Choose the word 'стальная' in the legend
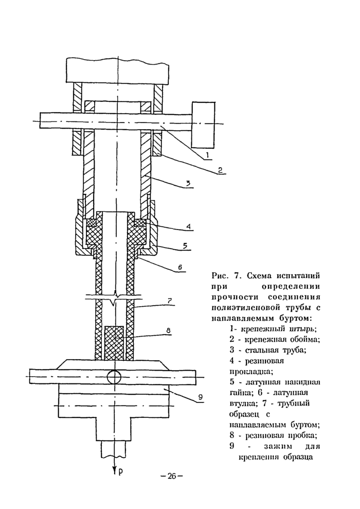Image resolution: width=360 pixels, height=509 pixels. [x=264, y=350]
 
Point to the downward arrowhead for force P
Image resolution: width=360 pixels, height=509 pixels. [x=113, y=469]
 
